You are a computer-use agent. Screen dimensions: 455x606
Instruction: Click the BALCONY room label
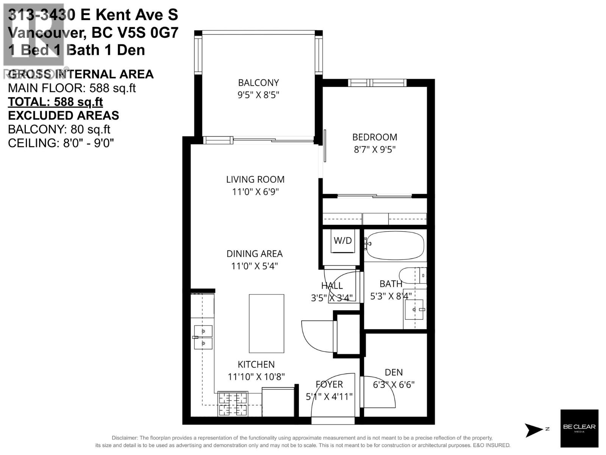(258, 83)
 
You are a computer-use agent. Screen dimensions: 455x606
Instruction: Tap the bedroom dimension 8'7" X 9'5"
(375, 149)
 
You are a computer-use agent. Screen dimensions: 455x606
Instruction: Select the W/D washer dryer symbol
(343, 241)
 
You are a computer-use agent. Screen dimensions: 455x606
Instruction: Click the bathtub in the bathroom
(395, 245)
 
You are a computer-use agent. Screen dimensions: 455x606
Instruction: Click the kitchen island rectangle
(267, 323)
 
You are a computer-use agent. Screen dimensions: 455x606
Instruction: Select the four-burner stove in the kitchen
(233, 404)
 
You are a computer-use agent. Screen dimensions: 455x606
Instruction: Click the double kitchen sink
(203, 337)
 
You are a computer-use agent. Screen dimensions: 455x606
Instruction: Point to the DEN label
(394, 372)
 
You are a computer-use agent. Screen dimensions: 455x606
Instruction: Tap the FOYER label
(329, 384)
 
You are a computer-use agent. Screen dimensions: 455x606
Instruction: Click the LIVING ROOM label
(255, 179)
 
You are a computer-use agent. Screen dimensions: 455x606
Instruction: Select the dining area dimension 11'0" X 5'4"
(255, 266)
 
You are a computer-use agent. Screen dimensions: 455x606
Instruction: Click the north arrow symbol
(534, 430)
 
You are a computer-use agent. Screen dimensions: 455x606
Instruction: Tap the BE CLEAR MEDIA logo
(579, 428)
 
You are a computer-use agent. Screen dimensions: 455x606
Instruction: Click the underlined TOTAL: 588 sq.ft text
(55, 102)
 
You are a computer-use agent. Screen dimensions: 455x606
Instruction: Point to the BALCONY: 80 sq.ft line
(59, 129)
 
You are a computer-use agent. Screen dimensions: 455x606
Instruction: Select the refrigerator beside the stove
(278, 402)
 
